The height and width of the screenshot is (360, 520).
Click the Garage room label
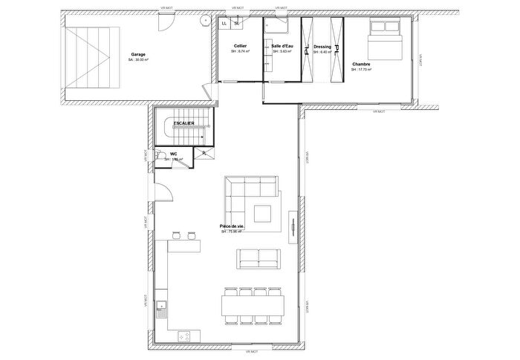[x=138, y=54]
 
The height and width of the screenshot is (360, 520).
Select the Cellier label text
[x=240, y=46]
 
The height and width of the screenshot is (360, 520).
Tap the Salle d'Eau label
[x=282, y=46]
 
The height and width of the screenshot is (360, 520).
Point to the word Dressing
[x=322, y=46]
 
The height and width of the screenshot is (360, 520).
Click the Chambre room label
[x=362, y=65]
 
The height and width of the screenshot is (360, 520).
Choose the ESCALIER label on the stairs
[x=183, y=122]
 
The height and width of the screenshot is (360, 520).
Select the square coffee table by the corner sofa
[x=262, y=214]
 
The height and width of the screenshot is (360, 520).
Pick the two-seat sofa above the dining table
[x=259, y=258]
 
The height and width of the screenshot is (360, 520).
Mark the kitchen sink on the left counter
[x=161, y=306]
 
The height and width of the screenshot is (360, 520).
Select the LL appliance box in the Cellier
[x=224, y=23]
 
